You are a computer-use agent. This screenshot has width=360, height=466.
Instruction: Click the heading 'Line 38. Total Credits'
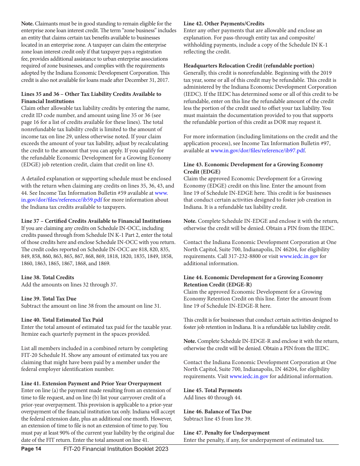pyautogui.click(x=47, y=277)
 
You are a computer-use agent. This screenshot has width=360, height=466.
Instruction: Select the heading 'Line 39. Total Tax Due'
pyautogui.click(x=49, y=299)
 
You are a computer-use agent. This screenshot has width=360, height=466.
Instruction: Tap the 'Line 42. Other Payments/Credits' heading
pyautogui.click(x=224, y=23)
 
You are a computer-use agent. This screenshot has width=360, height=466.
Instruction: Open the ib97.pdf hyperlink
pyautogui.click(x=258, y=150)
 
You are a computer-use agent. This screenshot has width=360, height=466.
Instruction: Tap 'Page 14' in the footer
pyautogui.click(x=31, y=449)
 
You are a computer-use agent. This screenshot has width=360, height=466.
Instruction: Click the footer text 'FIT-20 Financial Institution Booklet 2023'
pyautogui.click(x=116, y=449)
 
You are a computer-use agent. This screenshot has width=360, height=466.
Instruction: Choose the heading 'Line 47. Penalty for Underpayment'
pyautogui.click(x=227, y=433)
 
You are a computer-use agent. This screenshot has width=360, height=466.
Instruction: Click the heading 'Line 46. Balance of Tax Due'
pyautogui.click(x=218, y=411)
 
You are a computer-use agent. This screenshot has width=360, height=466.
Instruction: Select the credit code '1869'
pyautogui.click(x=104, y=263)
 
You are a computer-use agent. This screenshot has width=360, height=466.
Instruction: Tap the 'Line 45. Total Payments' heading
pyautogui.click(x=213, y=390)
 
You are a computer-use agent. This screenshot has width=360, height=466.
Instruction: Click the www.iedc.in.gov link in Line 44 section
pyautogui.click(x=249, y=376)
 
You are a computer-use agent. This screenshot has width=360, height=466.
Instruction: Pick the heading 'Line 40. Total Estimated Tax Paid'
pyautogui.click(x=62, y=320)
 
